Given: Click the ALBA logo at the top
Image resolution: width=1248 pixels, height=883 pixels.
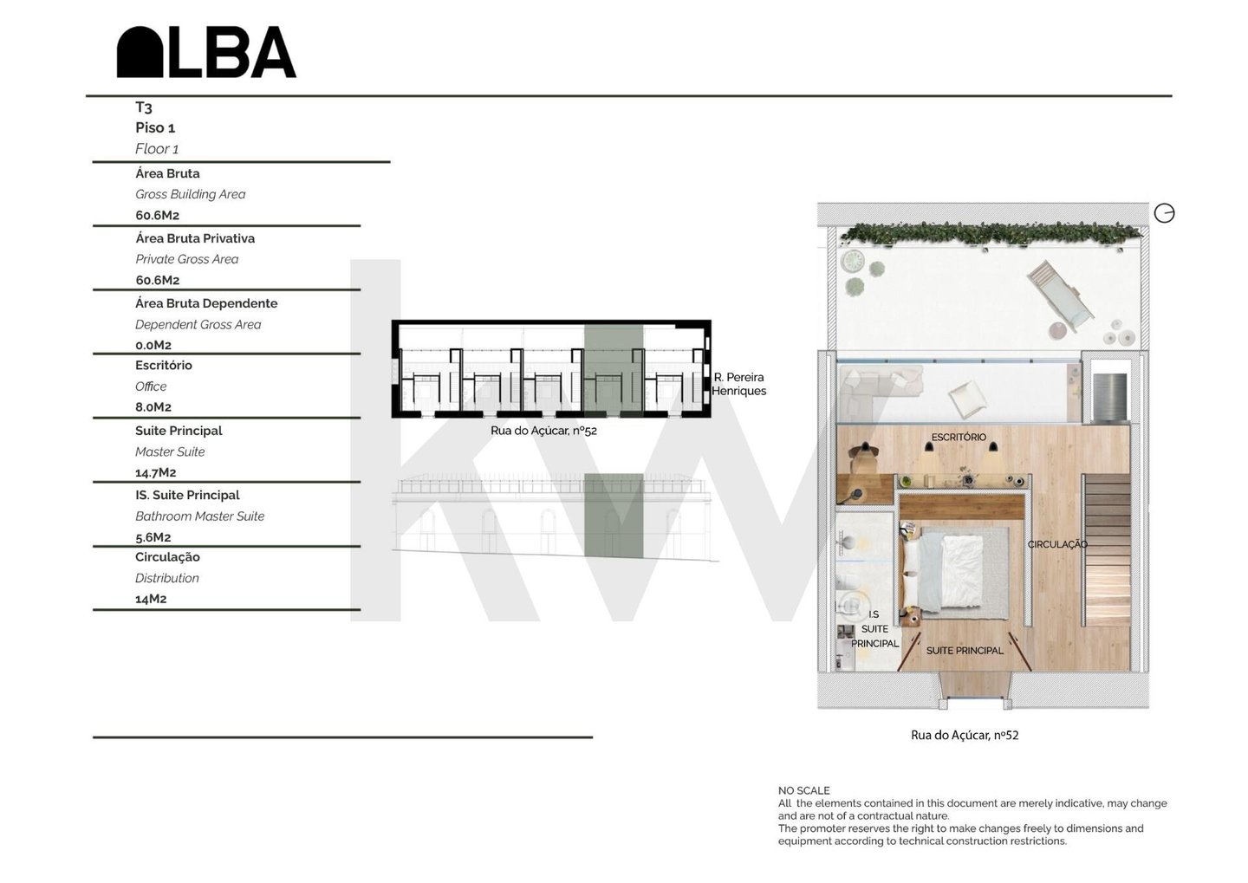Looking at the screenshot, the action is [206, 52].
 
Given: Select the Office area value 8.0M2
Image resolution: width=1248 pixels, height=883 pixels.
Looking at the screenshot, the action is [153, 407].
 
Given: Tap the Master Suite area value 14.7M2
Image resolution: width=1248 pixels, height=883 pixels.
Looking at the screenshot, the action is [155, 473].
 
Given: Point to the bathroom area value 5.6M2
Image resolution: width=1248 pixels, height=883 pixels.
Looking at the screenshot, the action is [153, 537].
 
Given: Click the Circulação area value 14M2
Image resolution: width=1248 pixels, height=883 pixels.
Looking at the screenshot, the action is [151, 599].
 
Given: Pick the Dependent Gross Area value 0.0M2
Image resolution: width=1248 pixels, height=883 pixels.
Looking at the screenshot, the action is [153, 346].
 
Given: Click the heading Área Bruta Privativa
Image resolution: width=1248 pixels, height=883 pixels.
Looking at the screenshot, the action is [195, 238].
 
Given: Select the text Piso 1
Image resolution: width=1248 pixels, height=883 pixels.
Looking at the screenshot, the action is [155, 127].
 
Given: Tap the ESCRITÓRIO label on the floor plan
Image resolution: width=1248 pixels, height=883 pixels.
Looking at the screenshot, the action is [959, 438].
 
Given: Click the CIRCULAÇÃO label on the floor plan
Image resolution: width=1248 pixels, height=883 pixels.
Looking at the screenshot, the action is [1057, 544].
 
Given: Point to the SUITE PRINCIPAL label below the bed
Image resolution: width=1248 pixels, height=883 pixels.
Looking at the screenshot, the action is [965, 651].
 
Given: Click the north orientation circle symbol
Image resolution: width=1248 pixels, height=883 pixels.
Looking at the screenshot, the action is [1164, 213].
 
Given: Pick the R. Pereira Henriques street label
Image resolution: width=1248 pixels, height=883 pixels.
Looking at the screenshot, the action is [738, 384].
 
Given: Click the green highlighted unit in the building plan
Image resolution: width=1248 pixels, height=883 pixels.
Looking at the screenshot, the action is [614, 370].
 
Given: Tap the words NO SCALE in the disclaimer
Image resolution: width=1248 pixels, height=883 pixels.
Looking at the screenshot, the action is [804, 790].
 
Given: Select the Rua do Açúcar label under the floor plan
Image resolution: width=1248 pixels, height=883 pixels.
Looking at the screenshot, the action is [965, 736].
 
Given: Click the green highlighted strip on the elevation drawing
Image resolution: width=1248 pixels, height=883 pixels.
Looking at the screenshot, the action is [614, 516].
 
